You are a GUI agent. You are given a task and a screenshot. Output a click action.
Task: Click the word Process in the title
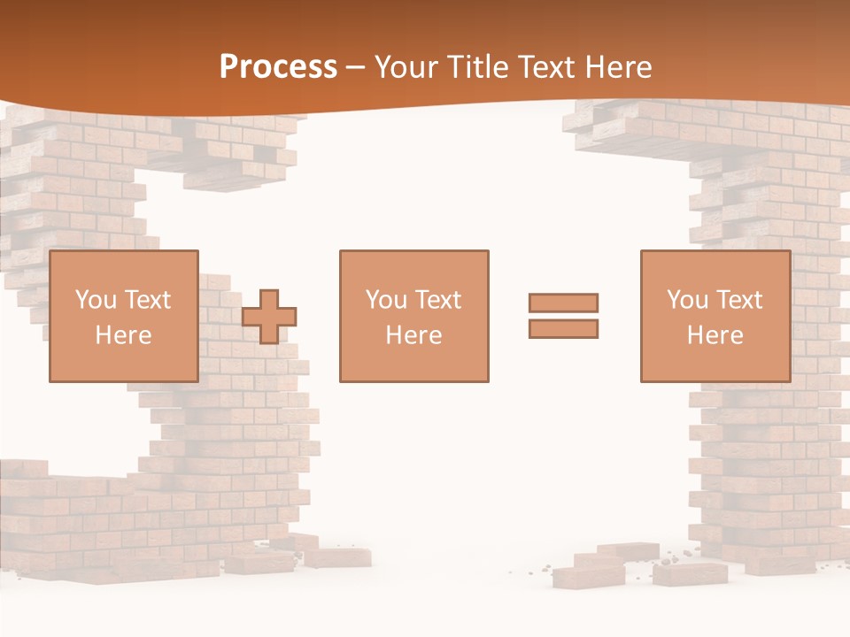(278, 67)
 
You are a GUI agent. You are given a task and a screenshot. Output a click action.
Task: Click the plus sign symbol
(269, 317)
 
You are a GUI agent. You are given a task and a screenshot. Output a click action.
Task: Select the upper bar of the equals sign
(563, 303)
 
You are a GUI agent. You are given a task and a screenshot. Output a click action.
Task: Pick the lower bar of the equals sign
(563, 328)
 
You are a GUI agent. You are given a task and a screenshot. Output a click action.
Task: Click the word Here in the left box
(124, 335)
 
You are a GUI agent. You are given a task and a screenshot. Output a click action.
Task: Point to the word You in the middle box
(386, 300)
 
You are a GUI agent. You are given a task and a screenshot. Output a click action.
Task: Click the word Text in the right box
(739, 300)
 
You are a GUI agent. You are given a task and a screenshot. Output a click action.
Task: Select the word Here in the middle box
(413, 335)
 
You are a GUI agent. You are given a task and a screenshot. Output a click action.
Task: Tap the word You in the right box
(687, 300)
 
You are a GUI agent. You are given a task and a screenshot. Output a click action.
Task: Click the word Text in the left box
(147, 300)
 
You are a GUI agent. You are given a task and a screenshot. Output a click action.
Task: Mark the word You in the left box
(96, 300)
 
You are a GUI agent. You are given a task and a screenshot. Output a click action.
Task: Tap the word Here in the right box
(715, 335)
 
